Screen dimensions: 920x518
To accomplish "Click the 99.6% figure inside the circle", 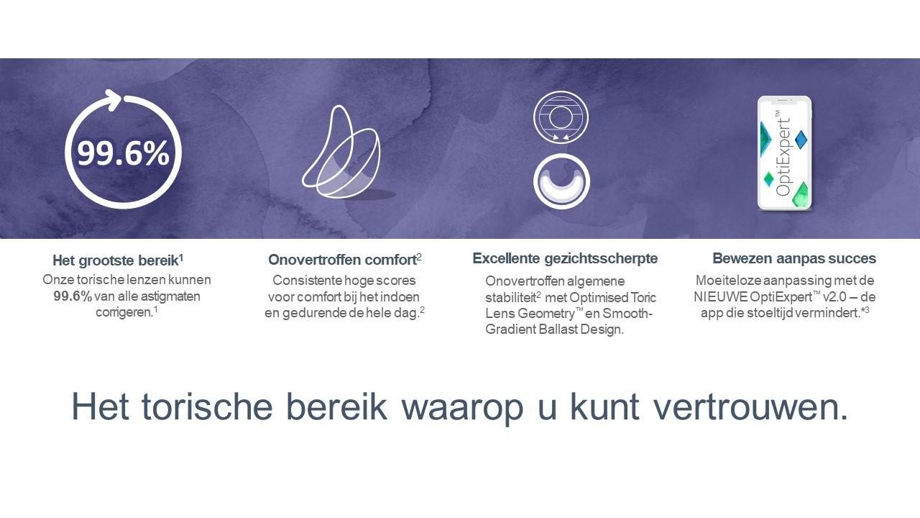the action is click(x=123, y=153).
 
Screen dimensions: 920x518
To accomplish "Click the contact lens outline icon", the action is click(x=341, y=152).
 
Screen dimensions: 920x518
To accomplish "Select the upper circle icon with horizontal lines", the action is click(x=561, y=117).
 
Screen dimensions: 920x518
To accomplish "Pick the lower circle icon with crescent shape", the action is click(x=561, y=181).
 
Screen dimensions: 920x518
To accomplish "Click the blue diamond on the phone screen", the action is click(x=801, y=140).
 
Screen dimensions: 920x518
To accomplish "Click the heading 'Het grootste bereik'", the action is click(x=116, y=260).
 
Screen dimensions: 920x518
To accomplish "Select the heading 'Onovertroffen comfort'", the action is click(x=343, y=260).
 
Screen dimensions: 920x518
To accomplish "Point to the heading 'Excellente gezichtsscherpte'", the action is click(x=565, y=258).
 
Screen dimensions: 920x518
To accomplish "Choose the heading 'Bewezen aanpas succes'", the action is click(x=794, y=258).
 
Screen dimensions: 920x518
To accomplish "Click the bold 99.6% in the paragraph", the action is click(x=73, y=296).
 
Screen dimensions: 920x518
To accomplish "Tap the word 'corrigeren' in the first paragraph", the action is click(x=124, y=312).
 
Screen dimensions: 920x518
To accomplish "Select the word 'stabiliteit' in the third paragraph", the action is click(x=510, y=297).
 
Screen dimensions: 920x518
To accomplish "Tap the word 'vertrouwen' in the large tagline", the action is click(x=750, y=406).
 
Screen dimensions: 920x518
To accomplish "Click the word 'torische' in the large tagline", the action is click(x=207, y=406).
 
